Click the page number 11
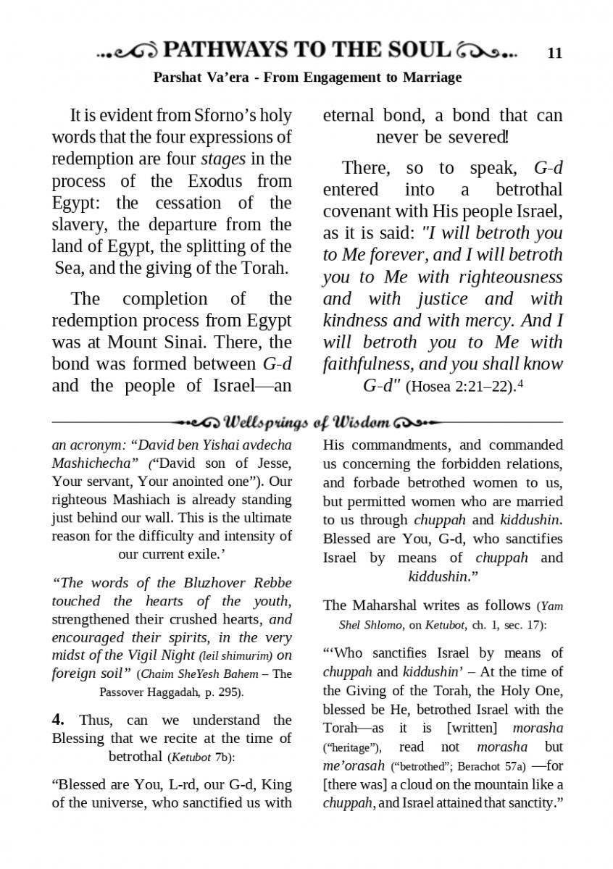[555, 53]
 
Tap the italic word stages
[223, 159]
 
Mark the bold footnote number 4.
[58, 720]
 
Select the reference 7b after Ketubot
[222, 758]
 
